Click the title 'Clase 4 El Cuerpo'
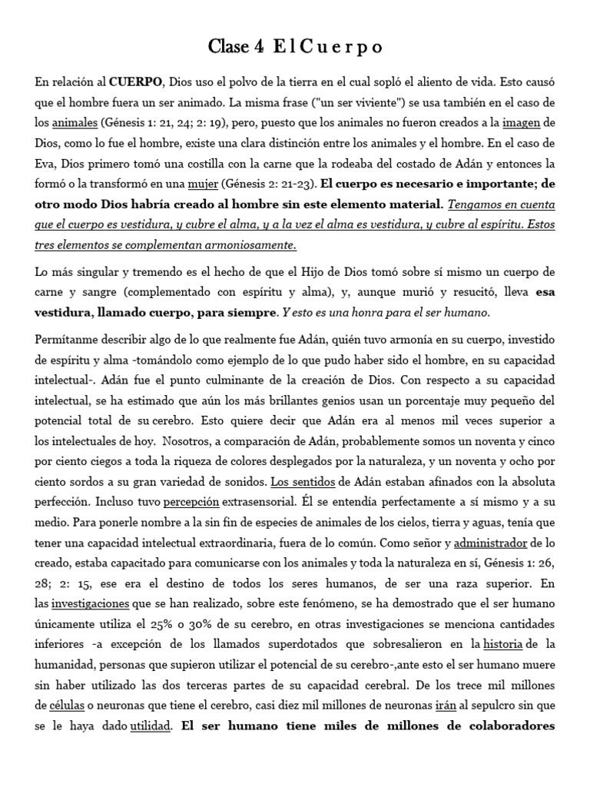[295, 48]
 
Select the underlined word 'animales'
[75, 122]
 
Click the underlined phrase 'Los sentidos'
[297, 481]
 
